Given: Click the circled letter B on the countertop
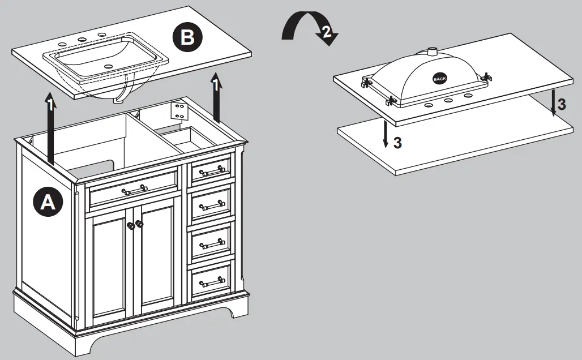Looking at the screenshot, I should click(186, 38).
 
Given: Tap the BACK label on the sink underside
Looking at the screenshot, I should click(439, 79).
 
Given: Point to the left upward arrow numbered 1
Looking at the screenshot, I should click(50, 127).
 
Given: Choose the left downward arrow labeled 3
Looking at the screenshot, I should click(385, 131).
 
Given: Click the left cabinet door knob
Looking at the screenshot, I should click(131, 225).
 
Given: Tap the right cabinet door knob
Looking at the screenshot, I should click(140, 224).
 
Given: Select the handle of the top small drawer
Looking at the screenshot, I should click(212, 170).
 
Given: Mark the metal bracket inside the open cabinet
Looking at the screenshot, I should click(180, 110).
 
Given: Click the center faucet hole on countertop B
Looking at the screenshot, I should click(82, 40).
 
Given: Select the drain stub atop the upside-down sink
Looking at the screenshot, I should click(433, 52).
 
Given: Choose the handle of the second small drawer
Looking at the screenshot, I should click(212, 205).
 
